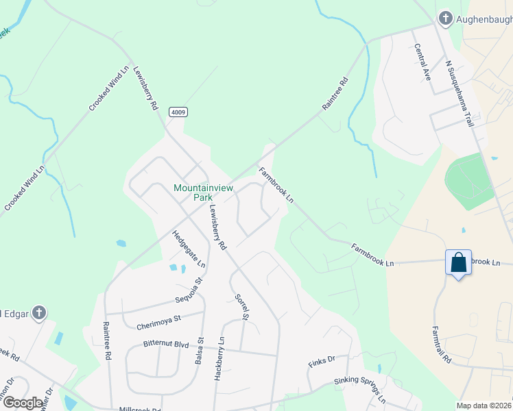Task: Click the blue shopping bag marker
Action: click(458, 263)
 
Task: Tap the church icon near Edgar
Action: click(39, 313)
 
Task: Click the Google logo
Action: click(23, 403)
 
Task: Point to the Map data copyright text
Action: click(484, 406)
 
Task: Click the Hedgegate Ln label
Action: click(189, 248)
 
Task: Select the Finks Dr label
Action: click(322, 359)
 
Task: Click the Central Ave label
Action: click(422, 62)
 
